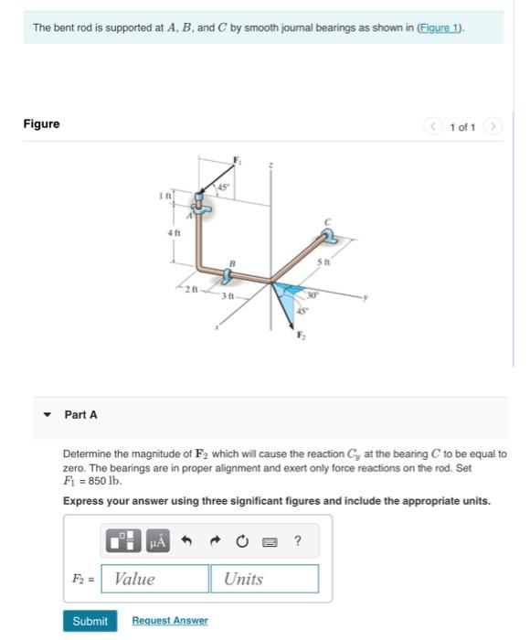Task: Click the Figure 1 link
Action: [440, 27]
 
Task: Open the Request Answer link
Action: [170, 621]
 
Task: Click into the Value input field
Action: [154, 579]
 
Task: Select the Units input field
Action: [265, 579]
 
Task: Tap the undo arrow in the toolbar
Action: [186, 541]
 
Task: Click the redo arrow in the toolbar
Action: [215, 541]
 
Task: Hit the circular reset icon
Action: [242, 541]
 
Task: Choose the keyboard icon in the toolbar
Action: [270, 541]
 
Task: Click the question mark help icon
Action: [298, 540]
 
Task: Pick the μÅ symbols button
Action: [158, 541]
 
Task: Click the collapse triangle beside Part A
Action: [48, 415]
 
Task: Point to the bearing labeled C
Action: [328, 236]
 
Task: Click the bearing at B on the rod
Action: [227, 275]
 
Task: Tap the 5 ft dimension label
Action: [324, 261]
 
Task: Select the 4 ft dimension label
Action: [174, 232]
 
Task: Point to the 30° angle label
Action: [312, 295]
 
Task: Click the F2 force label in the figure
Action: [301, 336]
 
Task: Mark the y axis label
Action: [366, 297]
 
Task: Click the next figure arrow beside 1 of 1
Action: [493, 126]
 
